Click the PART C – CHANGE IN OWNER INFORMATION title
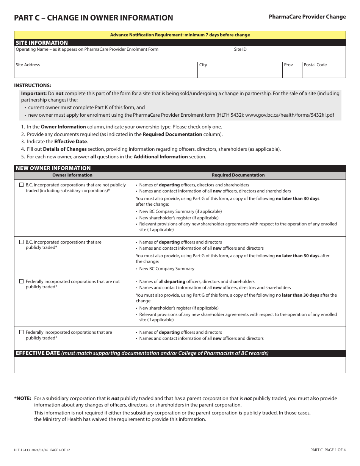pyautogui.click(x=93, y=18)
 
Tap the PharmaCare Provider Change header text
pyautogui.click(x=307, y=17)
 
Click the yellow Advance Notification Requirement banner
pyautogui.click(x=180, y=35)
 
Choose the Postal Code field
pyautogui.click(x=324, y=72)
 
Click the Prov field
pyautogui.click(x=292, y=72)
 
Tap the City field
pyautogui.click(x=240, y=72)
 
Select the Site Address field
pyautogui.click(x=106, y=72)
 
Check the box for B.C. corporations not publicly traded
pyautogui.click(x=21, y=185)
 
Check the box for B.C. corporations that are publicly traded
pyautogui.click(x=21, y=242)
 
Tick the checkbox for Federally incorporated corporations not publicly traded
pyautogui.click(x=21, y=281)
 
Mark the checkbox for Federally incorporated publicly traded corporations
pyautogui.click(x=21, y=332)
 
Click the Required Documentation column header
pyautogui.click(x=238, y=175)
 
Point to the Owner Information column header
pyautogui.click(x=72, y=175)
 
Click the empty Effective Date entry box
pyautogui.click(x=180, y=365)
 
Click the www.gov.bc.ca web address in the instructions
pyautogui.click(x=290, y=115)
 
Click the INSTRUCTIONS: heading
pyautogui.click(x=33, y=85)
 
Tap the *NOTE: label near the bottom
pyautogui.click(x=23, y=398)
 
